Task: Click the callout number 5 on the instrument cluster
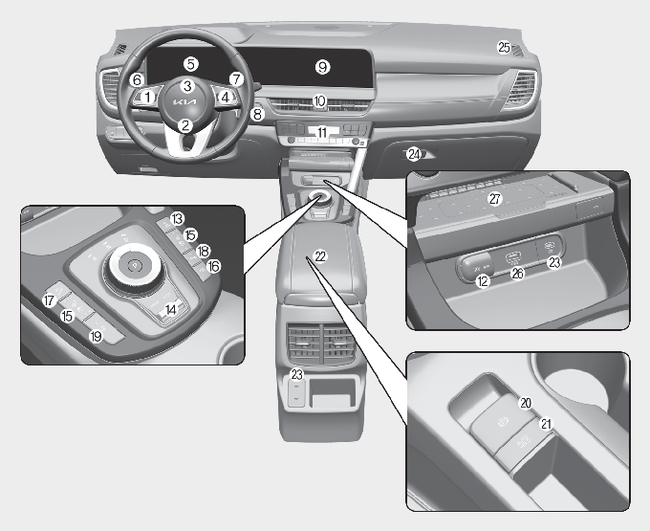[x=190, y=64]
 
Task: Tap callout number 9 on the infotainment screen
[x=322, y=67]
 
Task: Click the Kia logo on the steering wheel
[x=184, y=102]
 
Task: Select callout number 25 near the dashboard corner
[x=504, y=47]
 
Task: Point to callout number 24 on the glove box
[x=414, y=154]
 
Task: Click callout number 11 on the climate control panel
[x=322, y=132]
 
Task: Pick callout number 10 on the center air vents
[x=319, y=101]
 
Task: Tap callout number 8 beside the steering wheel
[x=257, y=114]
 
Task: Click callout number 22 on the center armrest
[x=320, y=256]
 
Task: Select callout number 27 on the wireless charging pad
[x=495, y=199]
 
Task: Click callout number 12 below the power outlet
[x=483, y=281]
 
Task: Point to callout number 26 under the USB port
[x=517, y=273]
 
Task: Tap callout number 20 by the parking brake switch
[x=526, y=403]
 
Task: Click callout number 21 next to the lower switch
[x=547, y=424]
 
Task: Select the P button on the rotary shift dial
[x=134, y=264]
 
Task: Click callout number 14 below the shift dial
[x=170, y=309]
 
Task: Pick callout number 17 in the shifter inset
[x=50, y=299]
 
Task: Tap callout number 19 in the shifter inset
[x=97, y=336]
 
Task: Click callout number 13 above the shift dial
[x=177, y=219]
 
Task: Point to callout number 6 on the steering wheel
[x=138, y=79]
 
